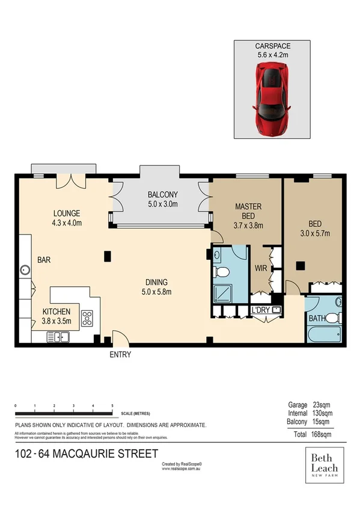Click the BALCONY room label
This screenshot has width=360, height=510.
click(162, 194)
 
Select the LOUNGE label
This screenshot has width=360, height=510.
click(66, 214)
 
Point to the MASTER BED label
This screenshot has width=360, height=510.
click(248, 211)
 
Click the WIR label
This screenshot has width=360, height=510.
click(261, 268)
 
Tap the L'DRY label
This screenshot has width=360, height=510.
click(260, 310)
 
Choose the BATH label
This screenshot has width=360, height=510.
click(317, 318)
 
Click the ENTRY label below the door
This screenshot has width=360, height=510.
click(120, 355)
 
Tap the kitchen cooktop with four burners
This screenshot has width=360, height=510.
click(87, 317)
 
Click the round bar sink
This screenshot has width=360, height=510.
click(25, 270)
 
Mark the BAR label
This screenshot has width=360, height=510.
click(44, 260)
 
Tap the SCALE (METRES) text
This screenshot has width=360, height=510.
click(135, 414)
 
